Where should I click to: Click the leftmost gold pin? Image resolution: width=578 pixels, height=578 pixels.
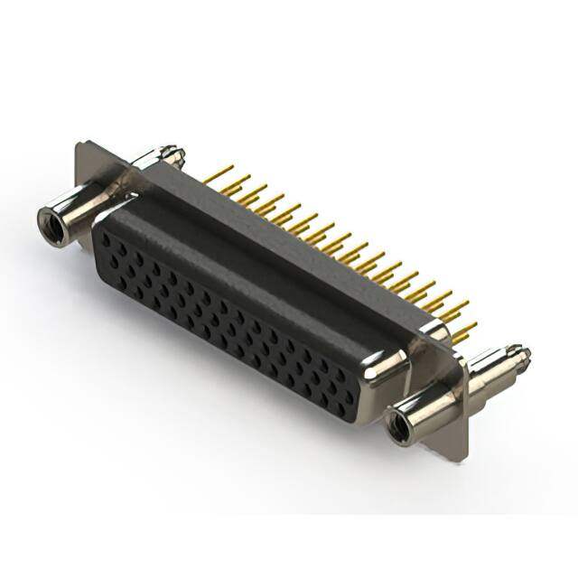(219, 172)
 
